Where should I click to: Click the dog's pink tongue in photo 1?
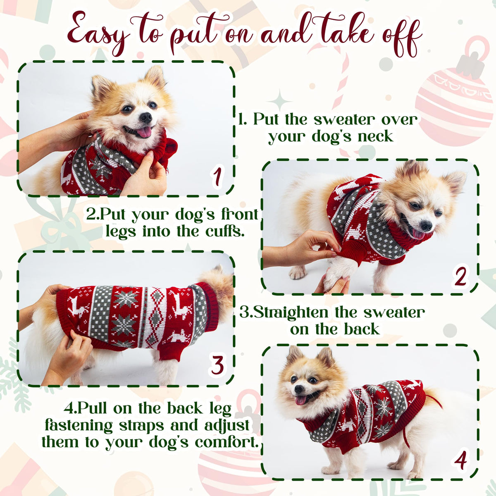(x=144, y=132)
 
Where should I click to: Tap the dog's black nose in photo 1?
(x=146, y=117)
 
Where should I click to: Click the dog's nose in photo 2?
(x=426, y=226)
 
